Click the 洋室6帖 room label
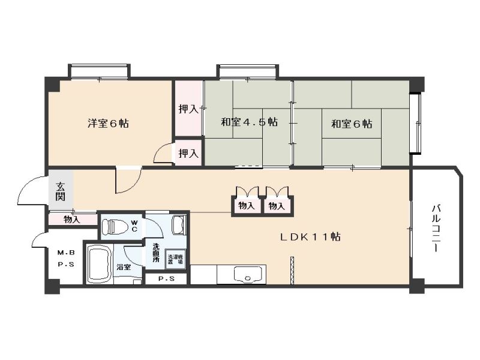pos(108,124)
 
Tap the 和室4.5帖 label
pos(248,122)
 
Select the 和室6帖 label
pos(352,124)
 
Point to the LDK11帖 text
pos(311,236)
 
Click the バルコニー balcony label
pos(436,228)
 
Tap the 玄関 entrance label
pos(61,191)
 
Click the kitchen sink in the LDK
pos(247,277)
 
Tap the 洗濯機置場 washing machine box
pos(176,260)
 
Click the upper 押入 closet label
pos(188,109)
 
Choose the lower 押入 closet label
pos(188,154)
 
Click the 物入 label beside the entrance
pos(72,220)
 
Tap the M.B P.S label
pos(66,258)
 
